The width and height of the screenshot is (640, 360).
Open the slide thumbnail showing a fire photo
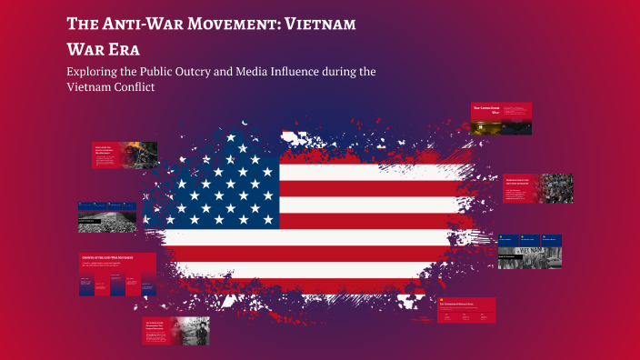coord(125,155)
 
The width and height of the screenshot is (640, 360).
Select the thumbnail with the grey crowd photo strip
coord(107,217)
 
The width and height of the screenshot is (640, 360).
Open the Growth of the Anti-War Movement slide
coord(117,275)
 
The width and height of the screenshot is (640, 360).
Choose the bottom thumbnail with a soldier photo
coord(176,331)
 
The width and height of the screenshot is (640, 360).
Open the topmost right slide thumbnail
coord(501,118)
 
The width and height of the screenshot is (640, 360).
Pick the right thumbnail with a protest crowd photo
coord(537,188)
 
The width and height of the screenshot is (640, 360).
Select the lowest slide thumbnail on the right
coord(466,309)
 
